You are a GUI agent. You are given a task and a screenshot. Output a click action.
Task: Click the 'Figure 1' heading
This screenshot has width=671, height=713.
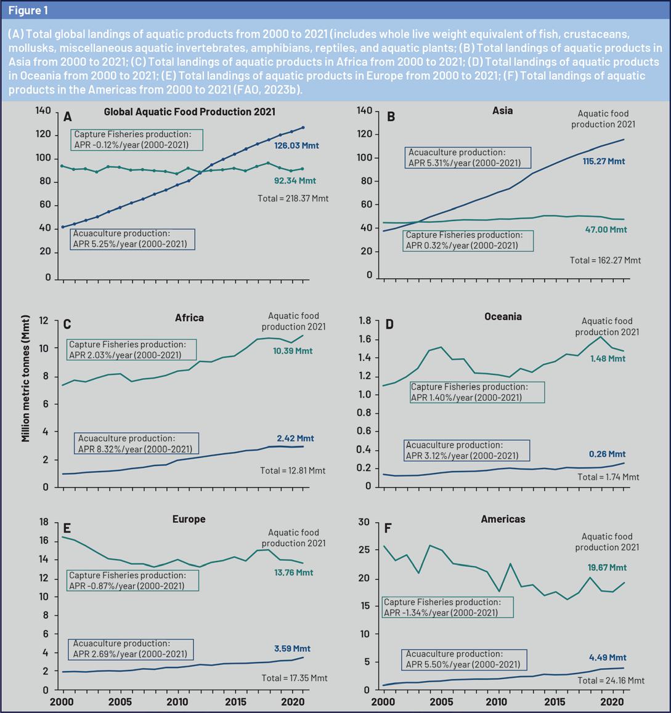coord(28,10)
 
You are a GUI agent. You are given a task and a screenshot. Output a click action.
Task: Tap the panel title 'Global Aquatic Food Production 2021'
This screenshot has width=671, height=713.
coord(189,112)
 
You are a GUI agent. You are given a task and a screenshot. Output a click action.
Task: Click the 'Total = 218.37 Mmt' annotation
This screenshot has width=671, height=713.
coord(292,198)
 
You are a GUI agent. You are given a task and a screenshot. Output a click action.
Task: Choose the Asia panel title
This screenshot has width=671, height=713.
coord(502,111)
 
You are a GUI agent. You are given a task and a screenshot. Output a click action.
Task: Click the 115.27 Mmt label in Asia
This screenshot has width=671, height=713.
coord(603,161)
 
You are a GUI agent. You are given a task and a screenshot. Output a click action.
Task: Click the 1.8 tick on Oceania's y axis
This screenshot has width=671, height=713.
coord(364,321)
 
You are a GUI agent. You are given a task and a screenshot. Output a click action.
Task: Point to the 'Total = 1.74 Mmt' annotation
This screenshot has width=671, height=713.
coord(608,477)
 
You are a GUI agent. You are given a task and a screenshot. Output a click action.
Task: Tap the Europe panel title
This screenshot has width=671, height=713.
coord(189,519)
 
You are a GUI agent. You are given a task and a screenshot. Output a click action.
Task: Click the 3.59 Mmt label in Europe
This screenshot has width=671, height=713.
coord(292,648)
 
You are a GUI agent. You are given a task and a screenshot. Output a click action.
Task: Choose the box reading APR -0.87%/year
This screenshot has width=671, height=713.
coord(133,581)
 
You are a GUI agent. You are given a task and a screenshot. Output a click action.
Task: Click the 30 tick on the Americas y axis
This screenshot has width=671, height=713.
coord(364,523)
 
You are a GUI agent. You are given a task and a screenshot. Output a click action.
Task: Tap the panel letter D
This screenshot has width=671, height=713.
coord(390,324)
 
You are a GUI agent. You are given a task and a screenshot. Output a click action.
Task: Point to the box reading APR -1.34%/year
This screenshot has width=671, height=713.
coord(448,607)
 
